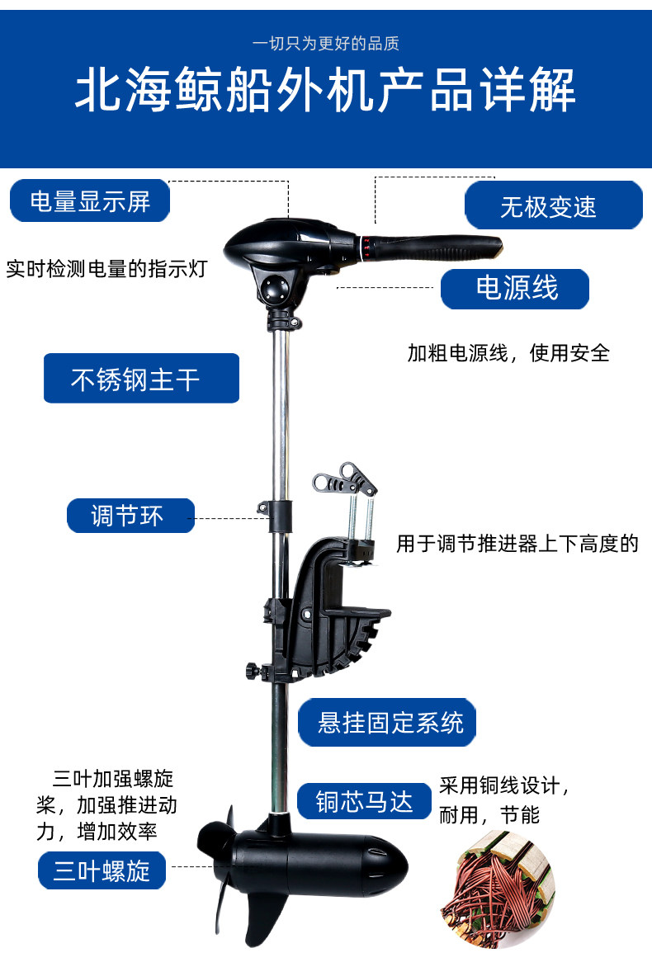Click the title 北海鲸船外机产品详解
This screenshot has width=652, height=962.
(325, 92)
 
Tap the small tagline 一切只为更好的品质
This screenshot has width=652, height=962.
(325, 44)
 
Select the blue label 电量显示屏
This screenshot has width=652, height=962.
(90, 201)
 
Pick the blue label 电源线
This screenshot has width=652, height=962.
(516, 289)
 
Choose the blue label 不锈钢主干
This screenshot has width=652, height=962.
(141, 379)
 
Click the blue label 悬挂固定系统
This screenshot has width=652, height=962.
(388, 723)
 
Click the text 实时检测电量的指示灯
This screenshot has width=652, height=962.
(106, 269)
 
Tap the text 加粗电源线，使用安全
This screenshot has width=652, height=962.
(508, 353)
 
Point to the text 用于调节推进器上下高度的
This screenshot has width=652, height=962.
(517, 544)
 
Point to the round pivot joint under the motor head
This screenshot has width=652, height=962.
(275, 290)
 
